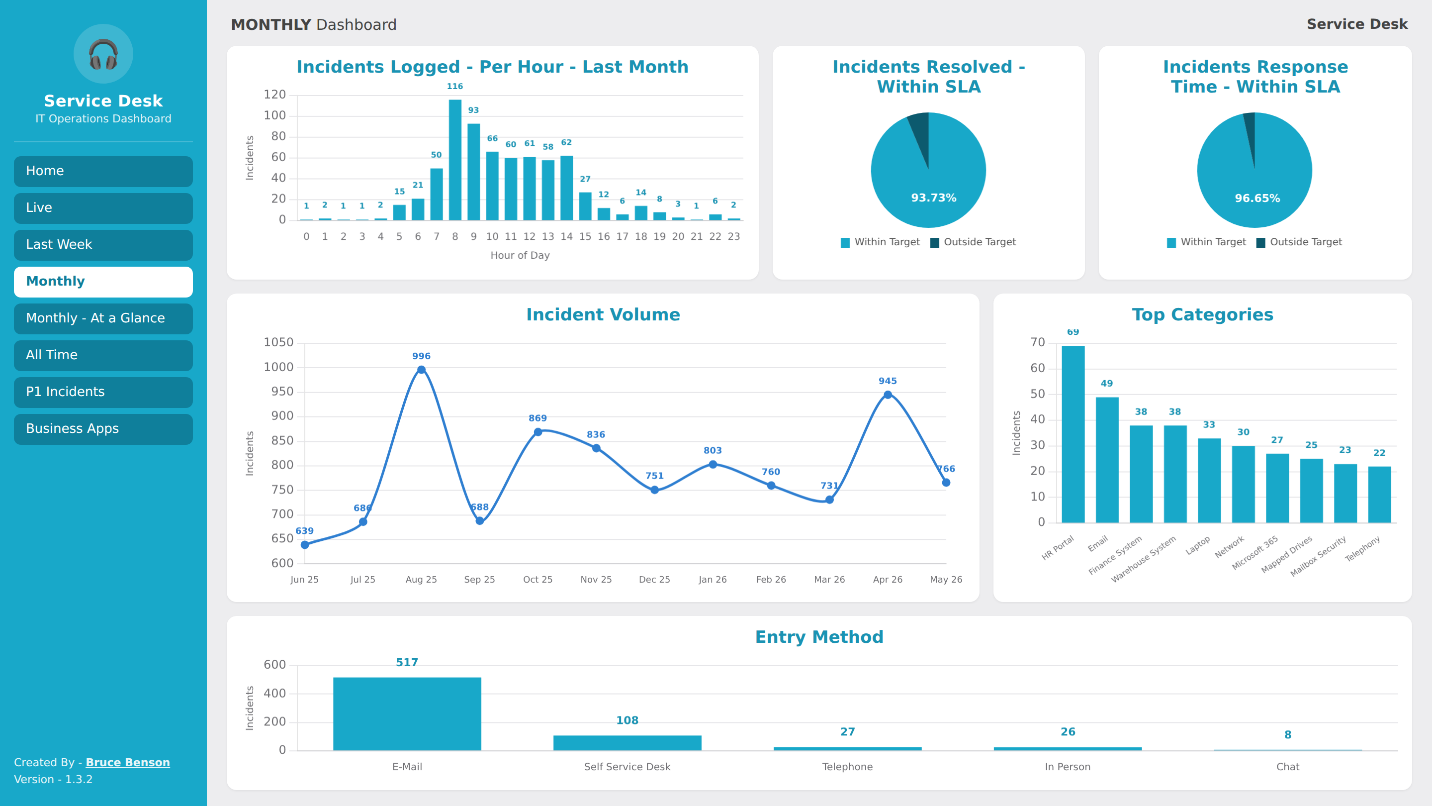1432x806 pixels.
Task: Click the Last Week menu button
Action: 103,245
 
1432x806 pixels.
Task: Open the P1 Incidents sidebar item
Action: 103,392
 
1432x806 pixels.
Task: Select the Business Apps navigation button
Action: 103,429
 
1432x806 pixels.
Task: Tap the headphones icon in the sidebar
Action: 103,54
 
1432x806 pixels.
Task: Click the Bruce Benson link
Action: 128,762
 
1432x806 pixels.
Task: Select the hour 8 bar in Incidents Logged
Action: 455,160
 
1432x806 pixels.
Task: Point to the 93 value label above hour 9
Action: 474,110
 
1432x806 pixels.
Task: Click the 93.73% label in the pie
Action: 933,198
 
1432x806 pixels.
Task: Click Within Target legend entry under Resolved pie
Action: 880,242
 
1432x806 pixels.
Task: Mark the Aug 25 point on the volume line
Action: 421,370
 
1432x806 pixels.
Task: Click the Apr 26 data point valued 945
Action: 888,395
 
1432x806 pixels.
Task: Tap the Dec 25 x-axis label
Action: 654,580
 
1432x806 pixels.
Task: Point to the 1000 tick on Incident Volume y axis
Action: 278,367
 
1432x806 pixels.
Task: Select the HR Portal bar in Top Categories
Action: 1073,434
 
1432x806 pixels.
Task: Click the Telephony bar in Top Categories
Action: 1379,495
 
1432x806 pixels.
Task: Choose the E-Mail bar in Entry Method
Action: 407,713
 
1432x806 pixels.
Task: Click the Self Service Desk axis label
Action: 627,767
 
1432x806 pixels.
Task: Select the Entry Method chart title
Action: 819,637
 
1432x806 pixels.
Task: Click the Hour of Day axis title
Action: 520,255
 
